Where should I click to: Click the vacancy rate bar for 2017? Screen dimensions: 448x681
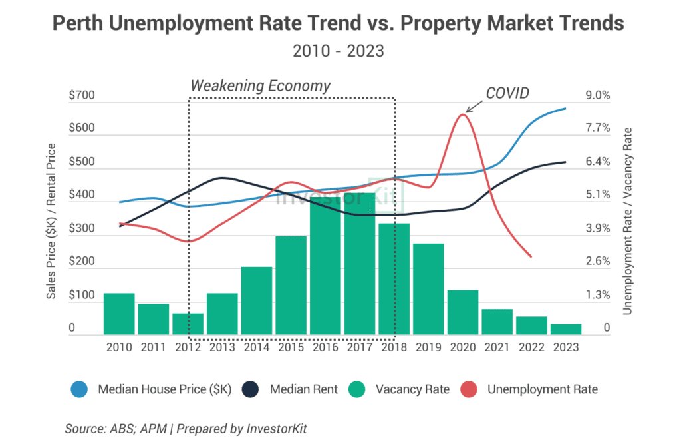click(360, 264)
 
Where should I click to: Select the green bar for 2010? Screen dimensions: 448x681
click(119, 314)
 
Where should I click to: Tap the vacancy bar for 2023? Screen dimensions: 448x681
click(566, 329)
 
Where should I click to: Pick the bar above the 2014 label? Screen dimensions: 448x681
click(257, 300)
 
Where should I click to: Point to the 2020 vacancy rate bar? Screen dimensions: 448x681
click(463, 312)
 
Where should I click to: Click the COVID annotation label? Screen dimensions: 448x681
click(507, 93)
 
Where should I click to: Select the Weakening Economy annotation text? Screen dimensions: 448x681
click(260, 86)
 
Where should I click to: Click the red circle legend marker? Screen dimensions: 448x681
click(470, 390)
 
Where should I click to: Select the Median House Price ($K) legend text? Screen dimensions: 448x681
click(164, 390)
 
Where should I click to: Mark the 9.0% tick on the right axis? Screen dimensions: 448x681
click(597, 96)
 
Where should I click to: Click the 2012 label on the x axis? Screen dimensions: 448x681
click(188, 347)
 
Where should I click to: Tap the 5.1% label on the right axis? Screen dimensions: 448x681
click(597, 195)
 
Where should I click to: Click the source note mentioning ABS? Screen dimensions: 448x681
click(186, 429)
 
